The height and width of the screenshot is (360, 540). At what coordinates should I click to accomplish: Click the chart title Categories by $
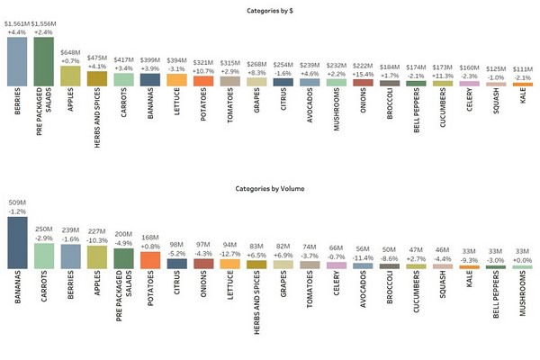(269, 11)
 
